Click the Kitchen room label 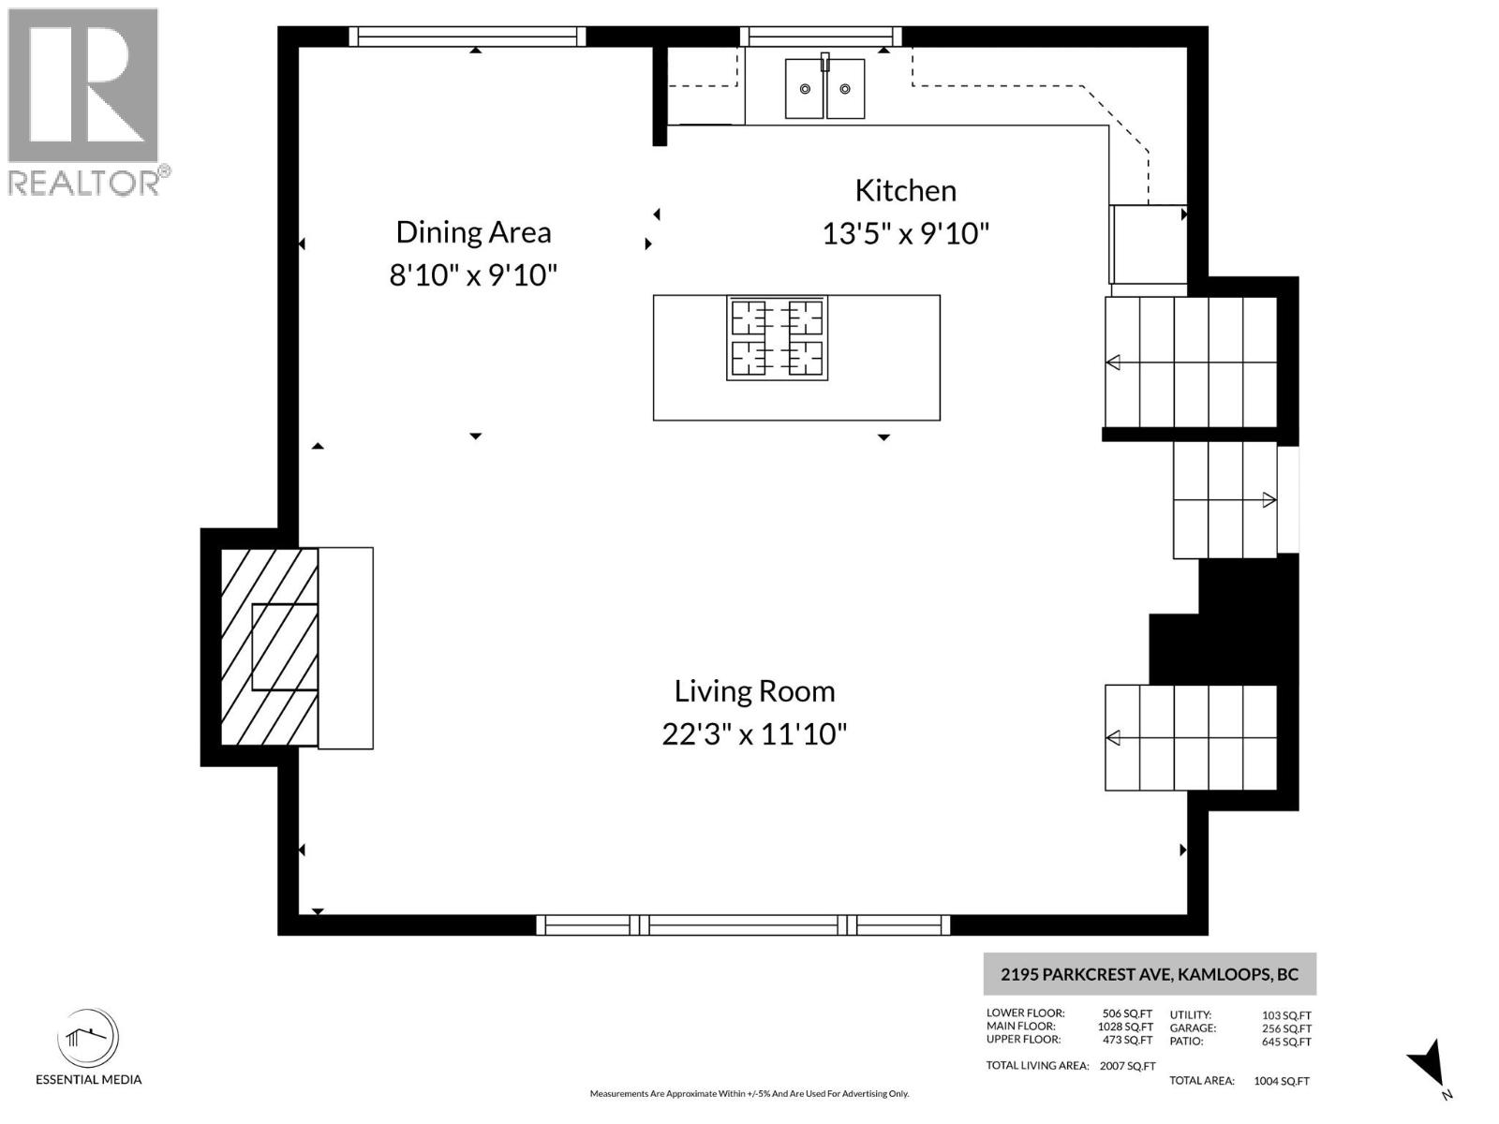tap(905, 191)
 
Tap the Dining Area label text tap(473, 232)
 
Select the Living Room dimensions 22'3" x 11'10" tap(754, 733)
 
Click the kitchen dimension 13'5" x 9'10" tap(905, 233)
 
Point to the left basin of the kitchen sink tap(804, 89)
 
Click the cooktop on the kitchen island tap(777, 338)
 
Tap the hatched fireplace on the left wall tap(269, 647)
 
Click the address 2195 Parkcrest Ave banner tap(1149, 974)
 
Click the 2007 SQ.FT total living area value tap(1128, 1066)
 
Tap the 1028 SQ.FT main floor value tap(1125, 1027)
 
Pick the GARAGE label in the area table tap(1193, 1028)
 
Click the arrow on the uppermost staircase tap(1113, 362)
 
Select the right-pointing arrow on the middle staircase tap(1269, 500)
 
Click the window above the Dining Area tap(467, 37)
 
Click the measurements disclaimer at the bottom tap(749, 1094)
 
